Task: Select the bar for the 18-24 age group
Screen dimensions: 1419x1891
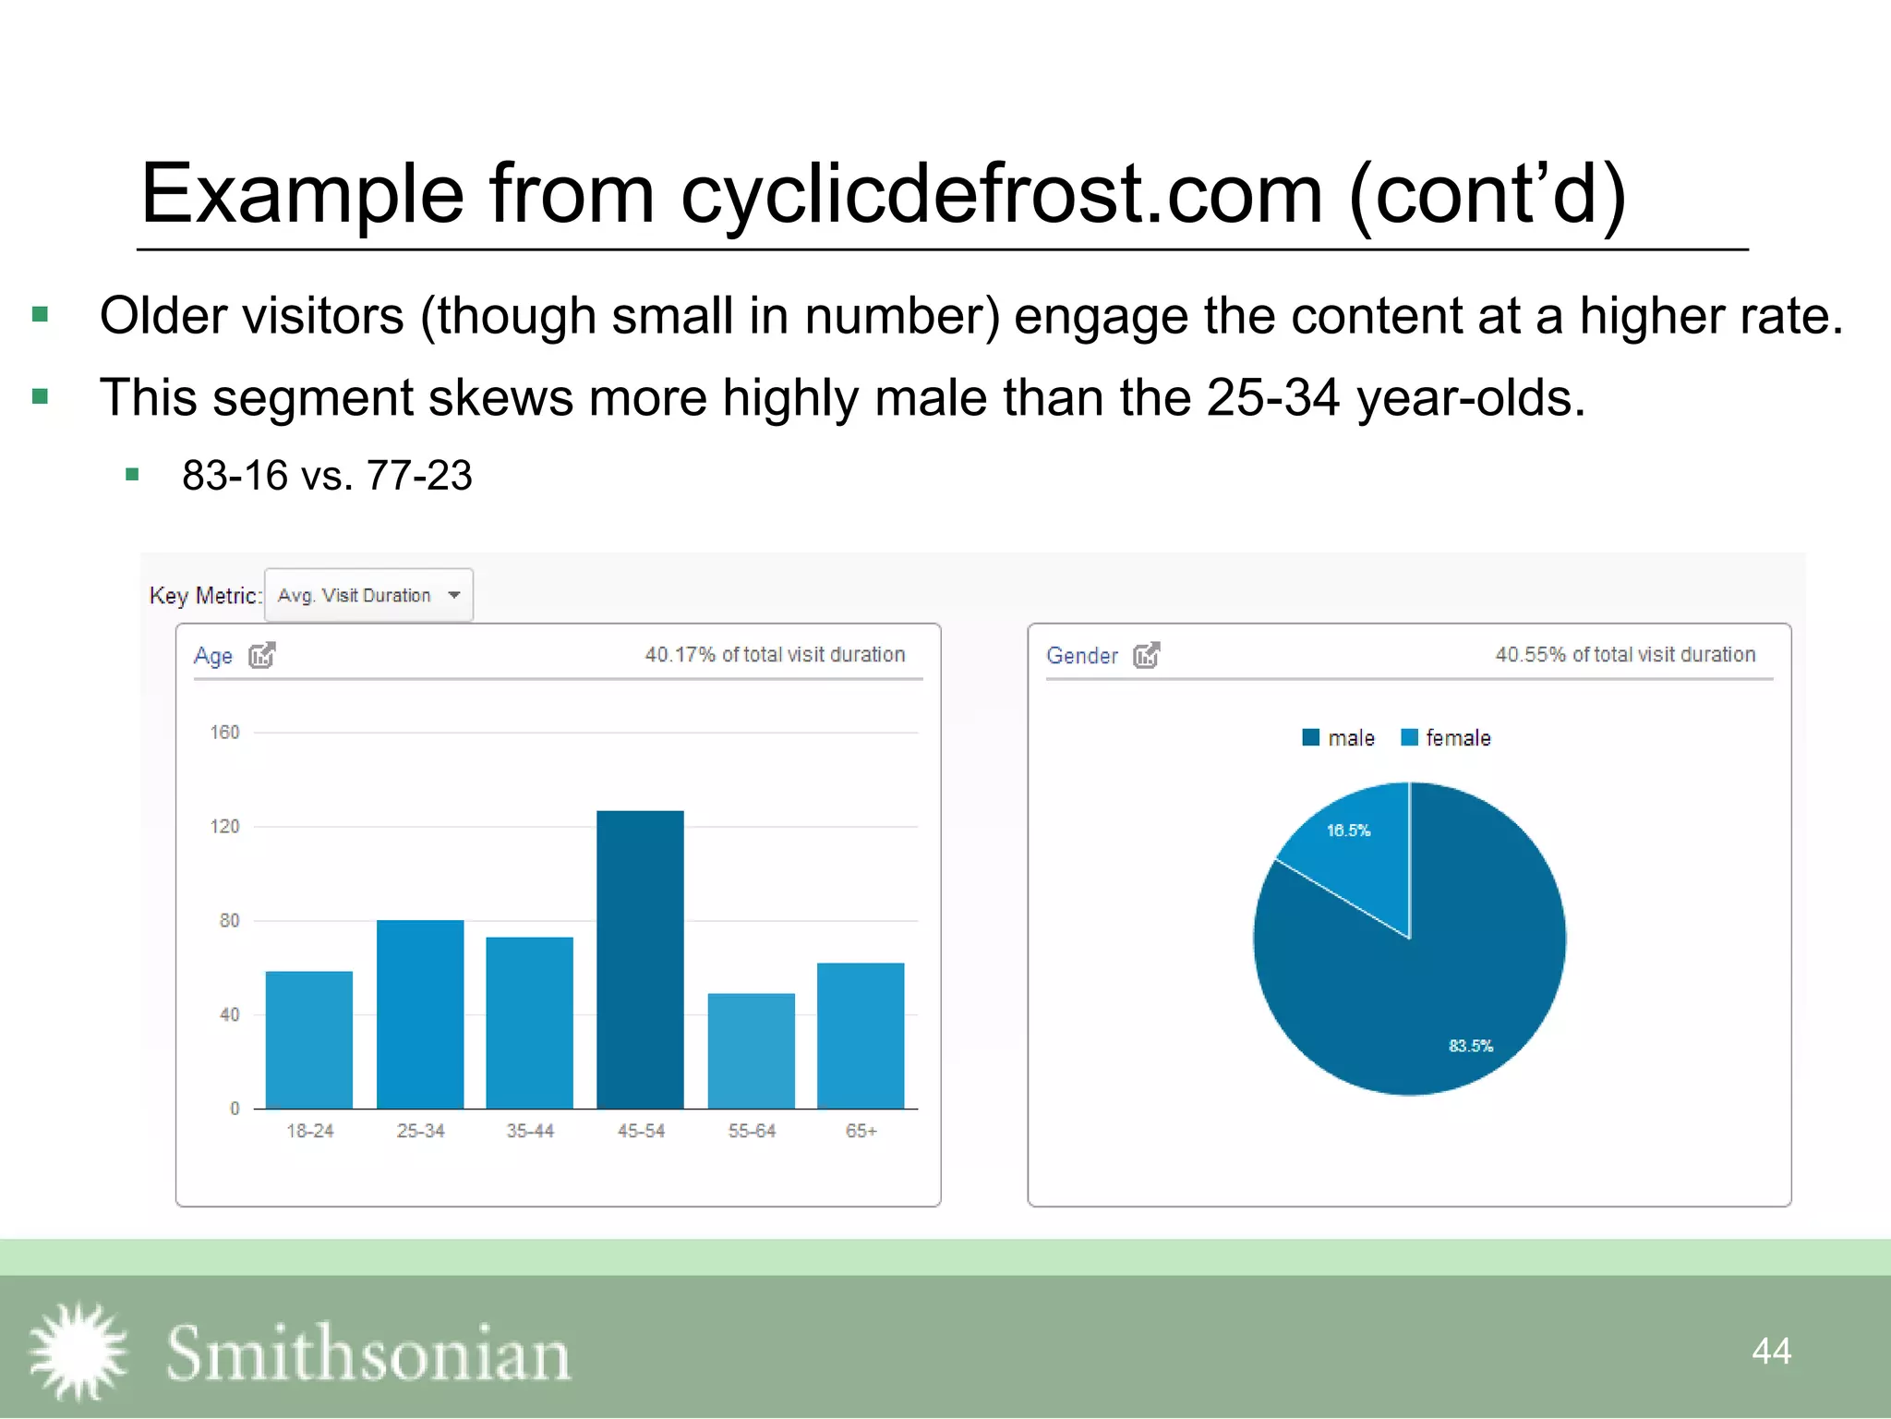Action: [309, 1039]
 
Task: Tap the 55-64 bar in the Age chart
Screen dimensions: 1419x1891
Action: [751, 1050]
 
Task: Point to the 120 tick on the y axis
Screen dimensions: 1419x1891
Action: [224, 826]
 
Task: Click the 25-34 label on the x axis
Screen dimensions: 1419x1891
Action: [420, 1131]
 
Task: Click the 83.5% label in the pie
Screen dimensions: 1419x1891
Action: [1470, 1046]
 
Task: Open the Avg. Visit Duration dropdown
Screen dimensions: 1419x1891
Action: [368, 596]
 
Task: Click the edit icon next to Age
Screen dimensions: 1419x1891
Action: [262, 655]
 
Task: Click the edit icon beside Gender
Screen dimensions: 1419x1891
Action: [1147, 655]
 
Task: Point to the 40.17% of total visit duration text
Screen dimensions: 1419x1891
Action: [775, 655]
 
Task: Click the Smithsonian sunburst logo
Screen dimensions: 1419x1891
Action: [78, 1352]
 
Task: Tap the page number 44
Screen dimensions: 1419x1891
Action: [1771, 1351]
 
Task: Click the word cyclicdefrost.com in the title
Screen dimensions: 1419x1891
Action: [1002, 194]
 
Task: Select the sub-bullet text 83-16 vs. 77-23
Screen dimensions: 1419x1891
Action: [327, 476]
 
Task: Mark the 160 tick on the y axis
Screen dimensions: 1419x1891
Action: [224, 733]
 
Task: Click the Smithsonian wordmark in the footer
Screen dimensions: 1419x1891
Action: [368, 1353]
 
